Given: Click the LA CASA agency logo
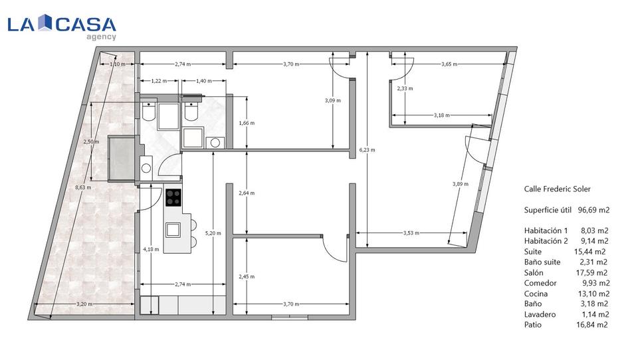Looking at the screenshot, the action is [62, 27].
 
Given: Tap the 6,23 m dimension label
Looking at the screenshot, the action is [367, 150].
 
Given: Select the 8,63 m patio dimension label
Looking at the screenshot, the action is [83, 187].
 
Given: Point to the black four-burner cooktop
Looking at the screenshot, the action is [173, 197].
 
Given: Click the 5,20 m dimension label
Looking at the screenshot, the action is [213, 233].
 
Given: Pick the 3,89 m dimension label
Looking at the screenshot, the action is [461, 184].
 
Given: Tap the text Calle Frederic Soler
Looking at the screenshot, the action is [558, 189].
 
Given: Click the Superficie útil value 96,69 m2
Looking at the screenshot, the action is [594, 210].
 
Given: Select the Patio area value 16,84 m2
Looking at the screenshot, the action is [592, 325].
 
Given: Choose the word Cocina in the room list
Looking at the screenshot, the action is [536, 294].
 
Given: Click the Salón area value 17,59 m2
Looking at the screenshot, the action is [592, 273].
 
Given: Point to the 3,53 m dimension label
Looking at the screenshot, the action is [411, 232].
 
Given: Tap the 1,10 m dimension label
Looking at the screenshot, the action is [118, 64].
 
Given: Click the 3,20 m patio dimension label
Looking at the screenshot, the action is [84, 304].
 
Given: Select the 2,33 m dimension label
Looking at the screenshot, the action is [405, 88].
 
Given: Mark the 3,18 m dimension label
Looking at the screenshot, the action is [441, 116].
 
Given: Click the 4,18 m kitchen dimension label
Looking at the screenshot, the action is [151, 249].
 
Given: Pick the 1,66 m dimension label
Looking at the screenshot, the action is [247, 123].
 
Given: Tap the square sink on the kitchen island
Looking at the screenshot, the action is [173, 229].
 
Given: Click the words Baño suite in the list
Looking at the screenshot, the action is [542, 262].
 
